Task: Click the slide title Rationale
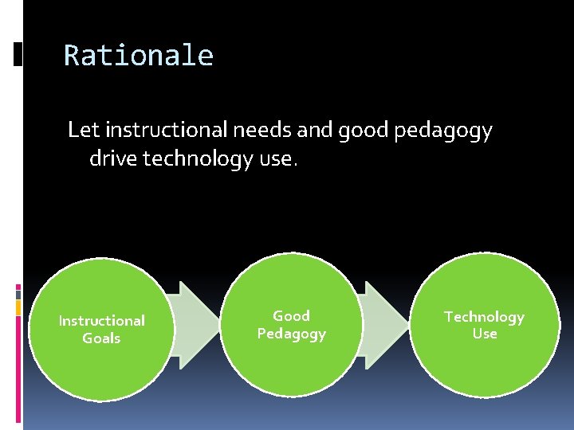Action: (138, 56)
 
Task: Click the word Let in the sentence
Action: (84, 130)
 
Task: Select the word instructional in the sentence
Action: (156, 130)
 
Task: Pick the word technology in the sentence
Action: (199, 159)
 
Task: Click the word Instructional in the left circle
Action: (102, 320)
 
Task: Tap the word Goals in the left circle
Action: (101, 338)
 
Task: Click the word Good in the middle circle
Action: (292, 316)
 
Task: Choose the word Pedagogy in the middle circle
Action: (292, 334)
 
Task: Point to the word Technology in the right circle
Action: (484, 317)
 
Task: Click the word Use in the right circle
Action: (484, 334)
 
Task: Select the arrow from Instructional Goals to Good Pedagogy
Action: (198, 325)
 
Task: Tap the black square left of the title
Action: (18, 53)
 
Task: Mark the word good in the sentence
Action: (364, 131)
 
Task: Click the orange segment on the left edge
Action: (18, 307)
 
